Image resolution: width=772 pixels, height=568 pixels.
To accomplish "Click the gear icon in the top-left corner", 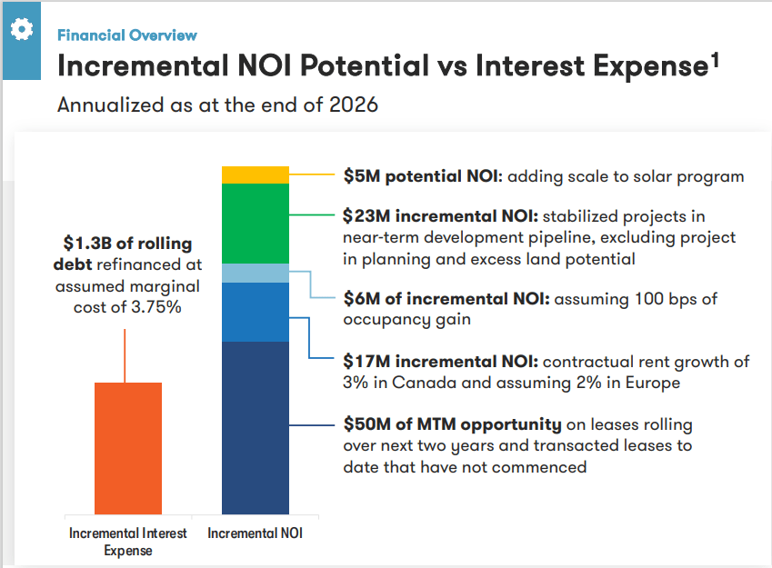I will point(21,29).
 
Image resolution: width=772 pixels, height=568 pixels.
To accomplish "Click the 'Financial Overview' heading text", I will point(126,35).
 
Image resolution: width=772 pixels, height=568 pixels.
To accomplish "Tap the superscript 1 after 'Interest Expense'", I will point(715,60).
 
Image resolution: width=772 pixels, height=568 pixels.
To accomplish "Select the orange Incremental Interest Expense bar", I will point(128,448).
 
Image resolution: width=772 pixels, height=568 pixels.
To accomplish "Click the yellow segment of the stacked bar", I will point(256,175).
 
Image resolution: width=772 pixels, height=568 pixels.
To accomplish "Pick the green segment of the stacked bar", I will point(256,224).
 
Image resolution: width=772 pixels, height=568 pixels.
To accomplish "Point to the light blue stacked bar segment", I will point(256,273).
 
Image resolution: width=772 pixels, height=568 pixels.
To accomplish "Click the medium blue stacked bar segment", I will point(256,312).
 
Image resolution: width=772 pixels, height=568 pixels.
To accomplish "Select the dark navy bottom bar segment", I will point(256,427).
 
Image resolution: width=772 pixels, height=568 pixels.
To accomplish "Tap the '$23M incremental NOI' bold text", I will point(441,216).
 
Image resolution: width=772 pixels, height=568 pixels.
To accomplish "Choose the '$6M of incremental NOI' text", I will point(446,298).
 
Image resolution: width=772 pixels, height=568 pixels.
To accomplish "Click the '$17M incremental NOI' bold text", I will point(441,362).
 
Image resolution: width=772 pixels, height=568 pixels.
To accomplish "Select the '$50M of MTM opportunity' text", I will point(452,424).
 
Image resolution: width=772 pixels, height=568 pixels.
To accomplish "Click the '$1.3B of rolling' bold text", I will point(127,244).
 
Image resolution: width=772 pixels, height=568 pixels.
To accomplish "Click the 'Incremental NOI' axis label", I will point(255,533).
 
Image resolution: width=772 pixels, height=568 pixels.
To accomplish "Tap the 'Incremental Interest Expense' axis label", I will point(128,542).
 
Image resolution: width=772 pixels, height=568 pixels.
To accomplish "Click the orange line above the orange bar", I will point(125,355).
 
